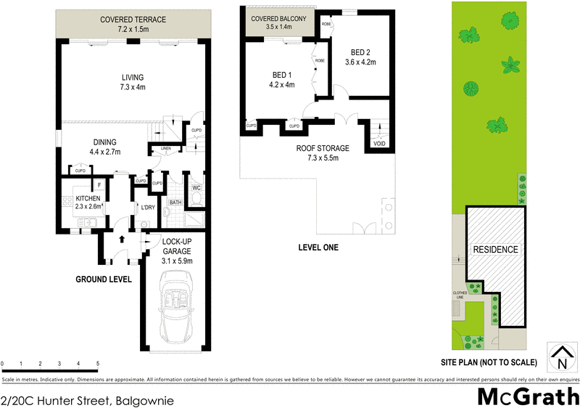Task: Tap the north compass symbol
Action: click(561, 356)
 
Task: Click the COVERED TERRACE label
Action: click(133, 20)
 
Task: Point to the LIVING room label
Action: click(133, 78)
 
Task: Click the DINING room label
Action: click(104, 142)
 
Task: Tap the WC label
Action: click(196, 188)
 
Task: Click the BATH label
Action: click(175, 203)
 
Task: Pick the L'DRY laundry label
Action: click(148, 208)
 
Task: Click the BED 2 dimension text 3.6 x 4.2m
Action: click(360, 62)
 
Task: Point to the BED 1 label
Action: click(282, 75)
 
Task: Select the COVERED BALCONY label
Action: click(279, 17)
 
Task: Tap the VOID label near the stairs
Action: click(378, 144)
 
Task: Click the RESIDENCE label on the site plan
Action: click(496, 250)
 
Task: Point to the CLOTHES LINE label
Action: click(460, 295)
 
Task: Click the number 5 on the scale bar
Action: click(97, 364)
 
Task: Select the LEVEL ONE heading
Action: click(318, 248)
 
